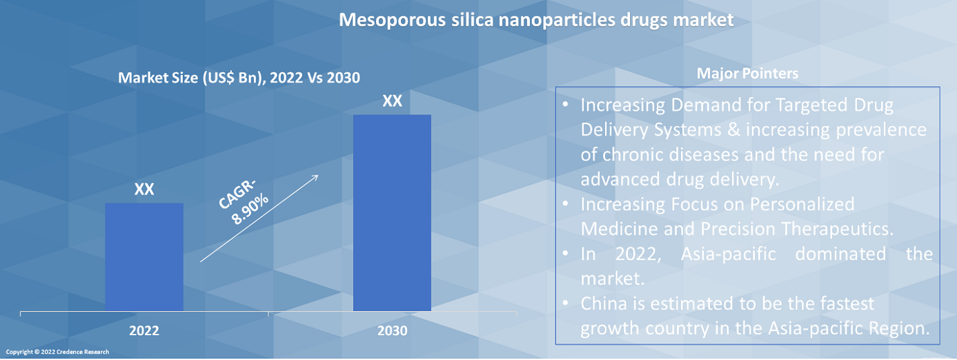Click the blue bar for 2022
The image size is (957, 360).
(144, 257)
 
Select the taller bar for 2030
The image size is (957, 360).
(392, 212)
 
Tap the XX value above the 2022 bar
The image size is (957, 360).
(144, 190)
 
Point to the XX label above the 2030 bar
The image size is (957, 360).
(392, 101)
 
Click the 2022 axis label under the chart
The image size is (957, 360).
(144, 331)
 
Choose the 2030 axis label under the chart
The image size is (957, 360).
(392, 331)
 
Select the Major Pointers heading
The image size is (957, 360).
(747, 73)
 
